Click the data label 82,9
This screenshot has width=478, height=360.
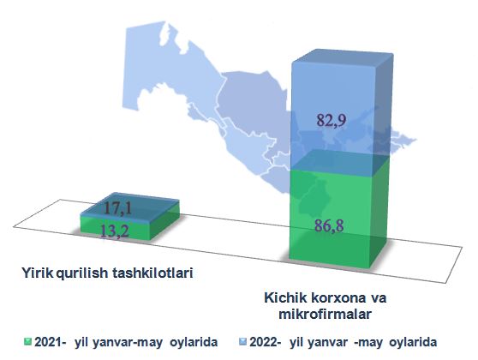[331, 120]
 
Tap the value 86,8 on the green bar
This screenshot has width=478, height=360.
[329, 225]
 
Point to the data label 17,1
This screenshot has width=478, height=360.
[117, 208]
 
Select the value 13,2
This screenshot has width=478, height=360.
[115, 231]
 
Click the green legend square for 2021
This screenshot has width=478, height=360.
[27, 341]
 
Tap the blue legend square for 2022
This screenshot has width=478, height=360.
[243, 341]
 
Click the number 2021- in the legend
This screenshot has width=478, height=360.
[51, 342]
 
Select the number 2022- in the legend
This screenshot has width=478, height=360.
[266, 342]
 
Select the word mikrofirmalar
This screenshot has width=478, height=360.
[326, 314]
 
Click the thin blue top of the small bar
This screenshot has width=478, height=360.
[129, 204]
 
